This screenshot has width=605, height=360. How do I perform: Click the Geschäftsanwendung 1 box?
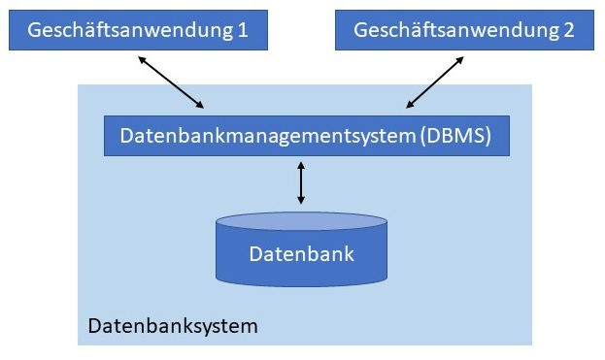click(137, 30)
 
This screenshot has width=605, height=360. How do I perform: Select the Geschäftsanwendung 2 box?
click(464, 30)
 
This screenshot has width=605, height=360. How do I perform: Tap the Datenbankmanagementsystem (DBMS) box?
click(306, 136)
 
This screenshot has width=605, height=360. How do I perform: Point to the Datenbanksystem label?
click(173, 325)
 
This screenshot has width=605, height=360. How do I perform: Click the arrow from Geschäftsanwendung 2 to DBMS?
click(434, 82)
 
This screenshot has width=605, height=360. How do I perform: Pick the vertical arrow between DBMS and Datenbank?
click(301, 182)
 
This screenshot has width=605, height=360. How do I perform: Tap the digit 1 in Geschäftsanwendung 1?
click(241, 30)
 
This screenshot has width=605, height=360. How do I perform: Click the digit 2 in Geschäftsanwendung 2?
click(567, 30)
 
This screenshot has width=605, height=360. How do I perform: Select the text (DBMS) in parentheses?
click(456, 136)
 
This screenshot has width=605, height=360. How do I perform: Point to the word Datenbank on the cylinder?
click(301, 254)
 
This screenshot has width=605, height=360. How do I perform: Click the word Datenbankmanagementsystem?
click(269, 136)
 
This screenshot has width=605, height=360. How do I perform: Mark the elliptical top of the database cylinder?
click(301, 221)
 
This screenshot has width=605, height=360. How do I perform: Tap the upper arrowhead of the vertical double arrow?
click(301, 165)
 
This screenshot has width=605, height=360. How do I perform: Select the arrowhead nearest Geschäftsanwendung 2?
click(462, 59)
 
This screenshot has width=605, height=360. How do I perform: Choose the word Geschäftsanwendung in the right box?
click(454, 30)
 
